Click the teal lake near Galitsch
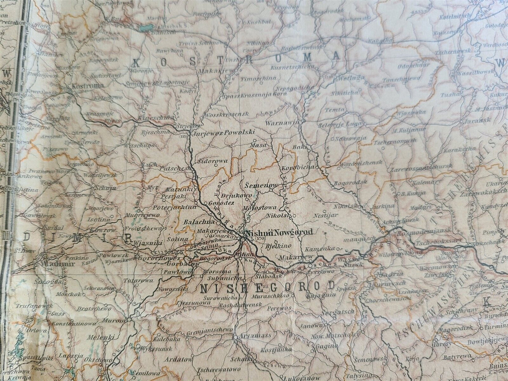click(x=146, y=27)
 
